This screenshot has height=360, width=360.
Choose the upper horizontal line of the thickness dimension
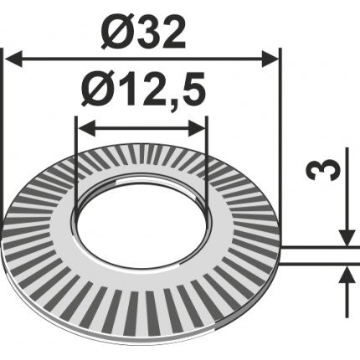tap(318, 246)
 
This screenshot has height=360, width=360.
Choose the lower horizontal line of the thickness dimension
tap(318, 264)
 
